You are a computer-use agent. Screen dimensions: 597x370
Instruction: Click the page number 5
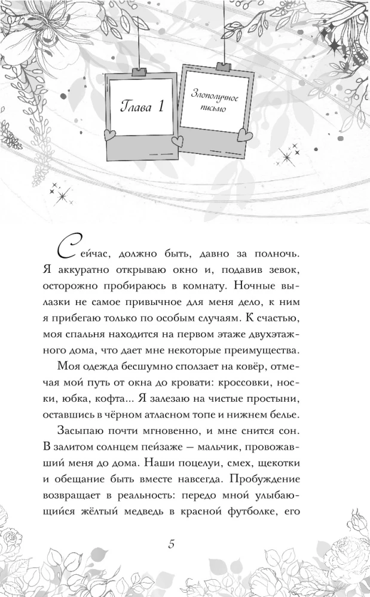172,544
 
